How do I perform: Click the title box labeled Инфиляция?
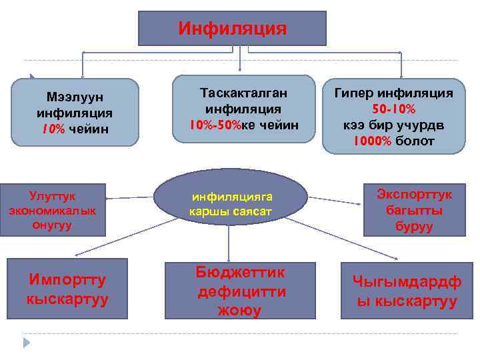pyautogui.click(x=232, y=29)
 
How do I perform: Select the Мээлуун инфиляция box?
pyautogui.click(x=75, y=112)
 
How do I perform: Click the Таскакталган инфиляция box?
pyautogui.click(x=243, y=108)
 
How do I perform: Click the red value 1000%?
pyautogui.click(x=373, y=141)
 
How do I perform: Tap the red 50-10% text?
pyautogui.click(x=393, y=109)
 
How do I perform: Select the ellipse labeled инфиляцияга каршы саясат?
pyautogui.click(x=231, y=197)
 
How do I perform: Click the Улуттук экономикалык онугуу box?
pyautogui.click(x=53, y=210)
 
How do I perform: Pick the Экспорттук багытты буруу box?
pyautogui.click(x=414, y=210)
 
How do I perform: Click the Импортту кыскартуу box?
pyautogui.click(x=67, y=289)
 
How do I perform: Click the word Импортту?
pyautogui.click(x=67, y=279)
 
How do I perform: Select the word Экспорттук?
pyautogui.click(x=414, y=194)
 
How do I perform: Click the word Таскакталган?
pyautogui.click(x=243, y=92)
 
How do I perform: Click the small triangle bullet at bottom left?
pyautogui.click(x=27, y=343)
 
